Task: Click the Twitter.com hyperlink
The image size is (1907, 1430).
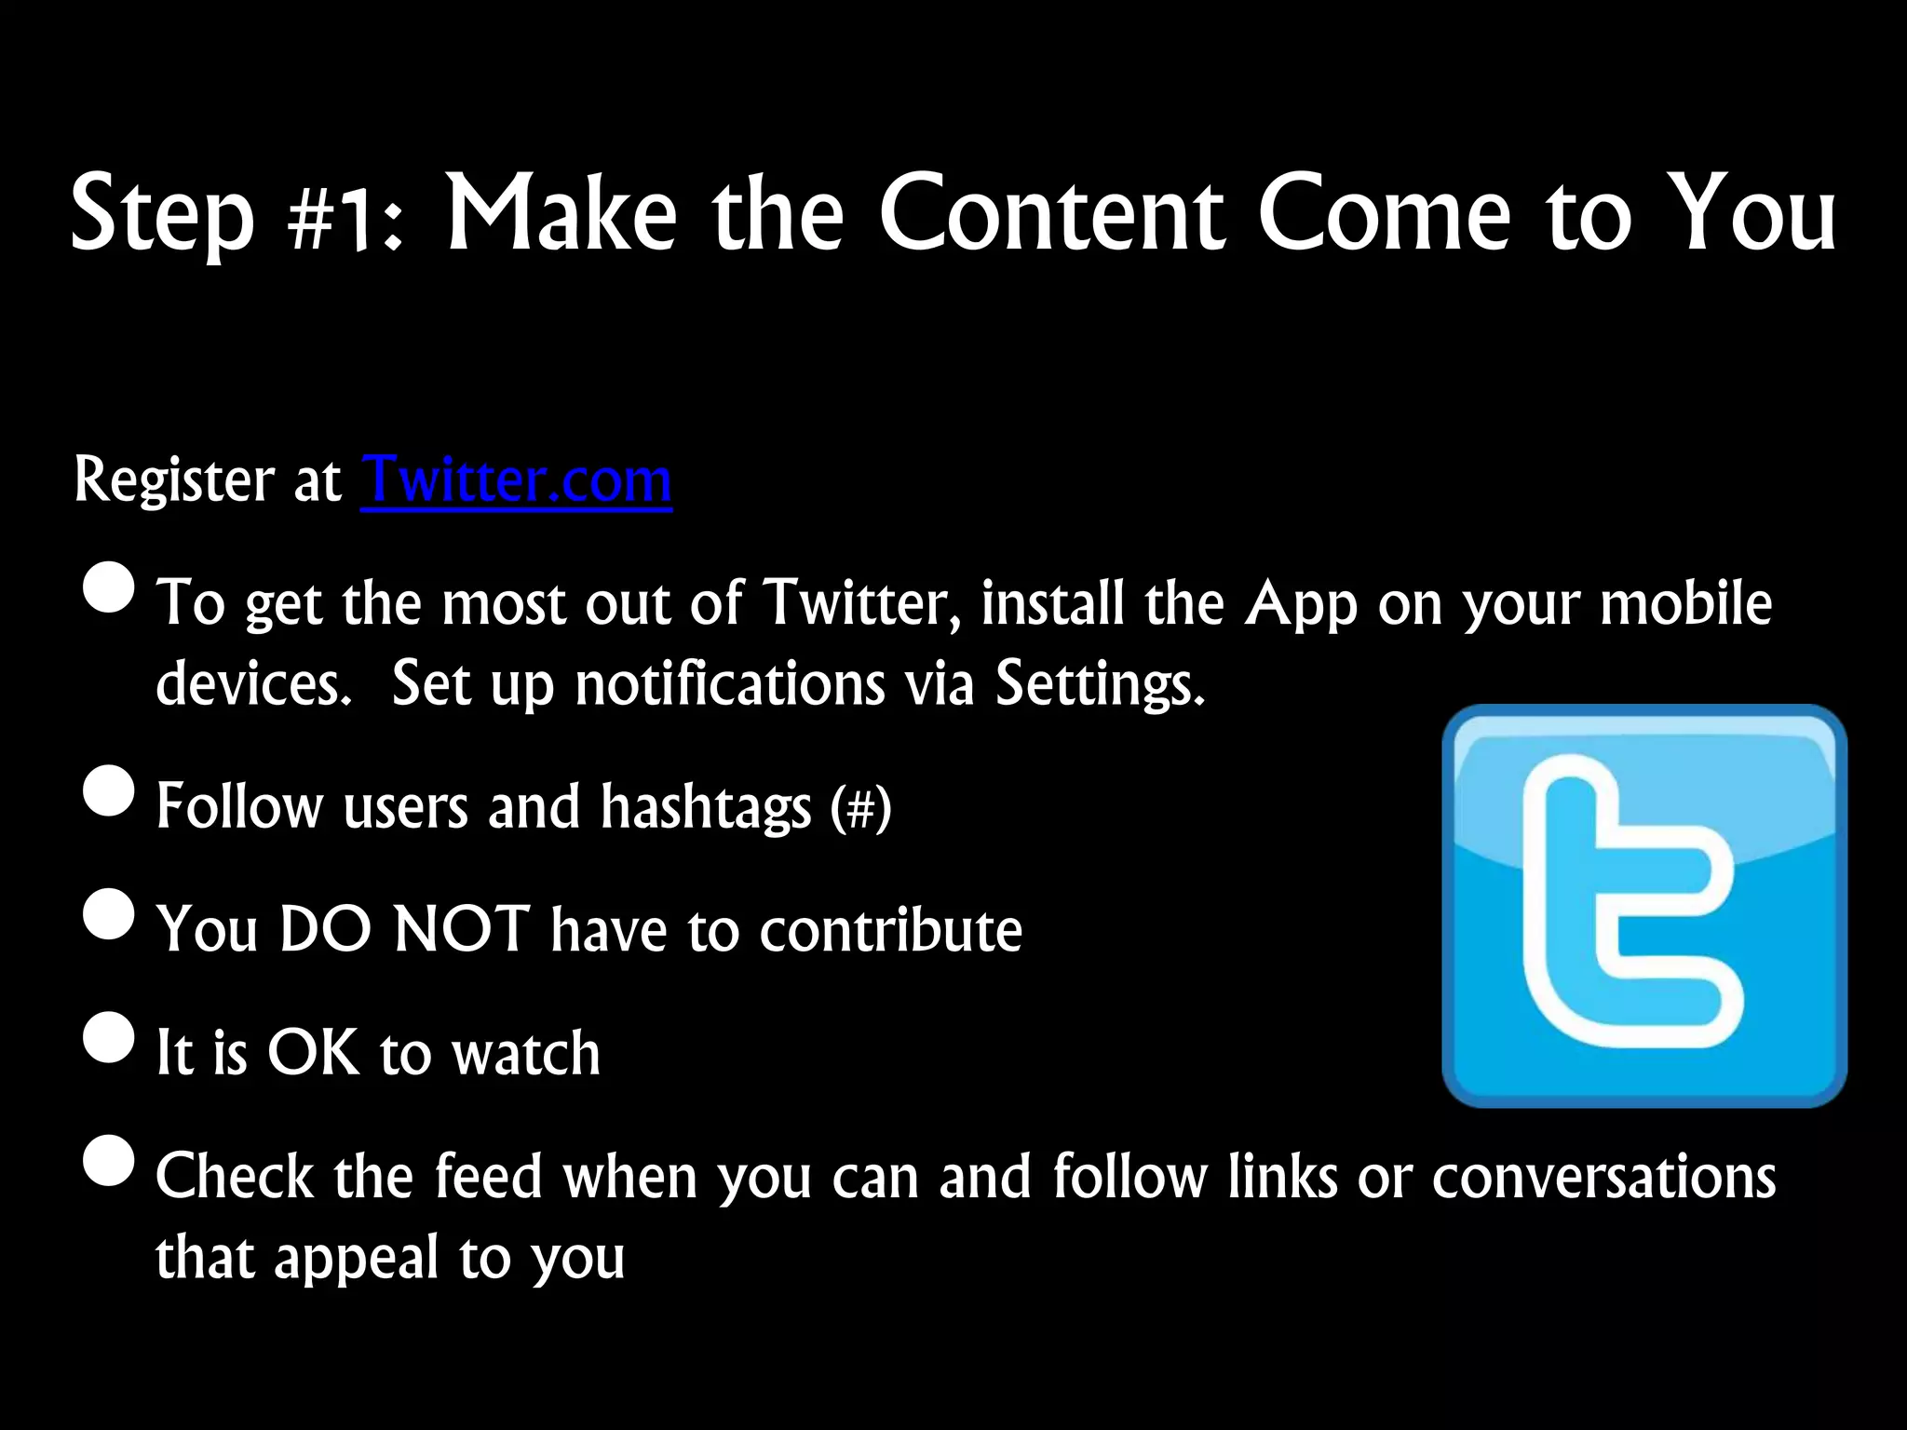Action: [x=516, y=480]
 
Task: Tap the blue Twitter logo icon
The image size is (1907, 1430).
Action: [x=1643, y=906]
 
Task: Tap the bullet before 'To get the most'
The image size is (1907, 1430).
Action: [x=109, y=587]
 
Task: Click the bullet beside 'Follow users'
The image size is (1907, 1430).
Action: [x=109, y=790]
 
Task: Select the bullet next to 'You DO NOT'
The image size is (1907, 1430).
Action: [x=109, y=913]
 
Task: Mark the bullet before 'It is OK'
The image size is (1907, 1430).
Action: [x=109, y=1037]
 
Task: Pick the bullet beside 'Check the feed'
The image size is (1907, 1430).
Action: [x=109, y=1160]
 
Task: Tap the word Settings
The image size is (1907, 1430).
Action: [x=1100, y=685]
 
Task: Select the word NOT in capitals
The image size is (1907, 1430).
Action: [x=462, y=929]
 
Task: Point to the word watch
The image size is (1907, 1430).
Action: [x=526, y=1053]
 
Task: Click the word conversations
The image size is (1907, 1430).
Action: [x=1603, y=1177]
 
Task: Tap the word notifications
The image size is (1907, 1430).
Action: [x=729, y=685]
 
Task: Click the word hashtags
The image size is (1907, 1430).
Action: [x=706, y=807]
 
